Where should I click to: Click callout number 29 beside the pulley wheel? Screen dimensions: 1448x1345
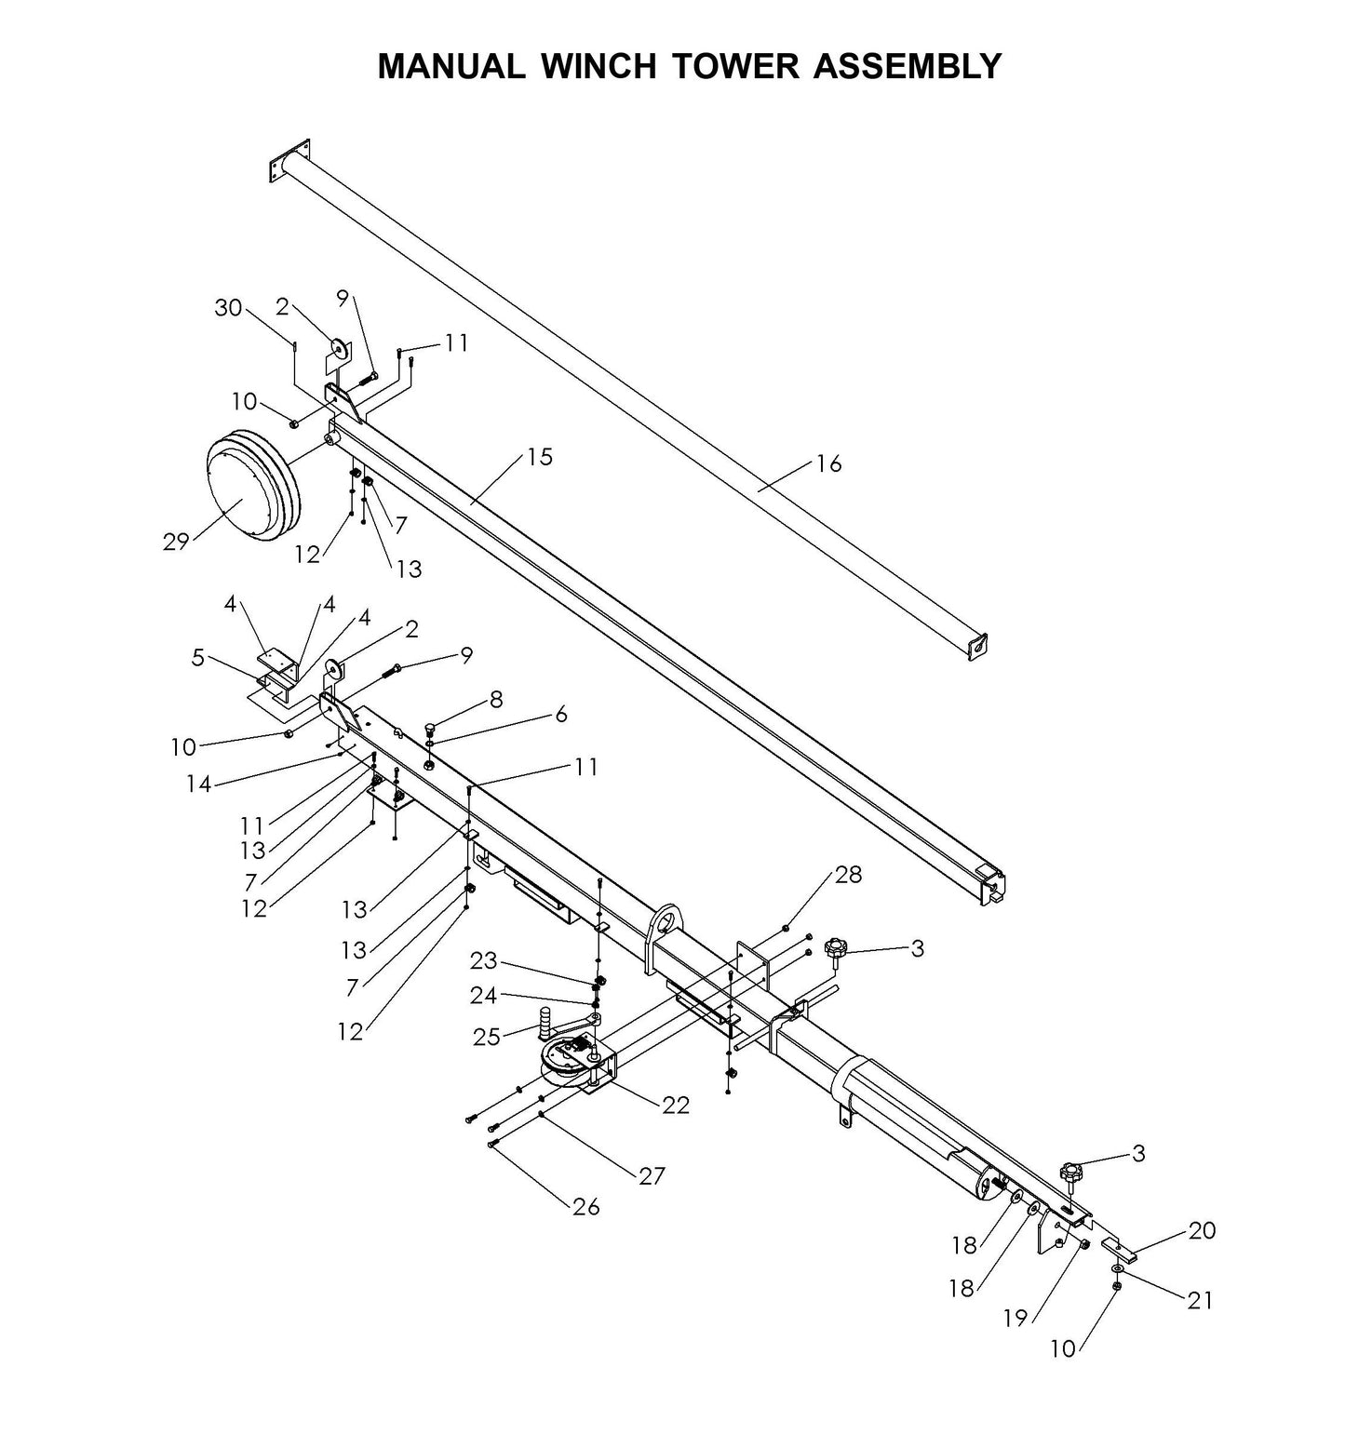click(176, 542)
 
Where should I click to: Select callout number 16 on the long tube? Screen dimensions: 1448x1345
click(827, 463)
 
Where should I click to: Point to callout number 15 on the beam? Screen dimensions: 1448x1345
click(539, 457)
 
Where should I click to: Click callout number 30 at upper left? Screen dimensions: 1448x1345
click(228, 308)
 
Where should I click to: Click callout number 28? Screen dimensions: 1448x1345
click(848, 875)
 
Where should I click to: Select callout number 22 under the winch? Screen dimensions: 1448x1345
click(676, 1105)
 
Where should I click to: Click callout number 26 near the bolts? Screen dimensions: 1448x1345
click(586, 1207)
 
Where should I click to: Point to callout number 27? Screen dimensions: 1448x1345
click(652, 1176)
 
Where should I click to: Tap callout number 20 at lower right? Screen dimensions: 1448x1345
click(1202, 1230)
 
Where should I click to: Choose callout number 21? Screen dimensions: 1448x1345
click(1200, 1299)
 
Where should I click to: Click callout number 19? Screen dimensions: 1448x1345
click(1015, 1318)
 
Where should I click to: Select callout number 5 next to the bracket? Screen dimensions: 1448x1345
click(197, 658)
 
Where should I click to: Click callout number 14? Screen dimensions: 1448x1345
click(198, 784)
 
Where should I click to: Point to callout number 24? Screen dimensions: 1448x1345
click(483, 996)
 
